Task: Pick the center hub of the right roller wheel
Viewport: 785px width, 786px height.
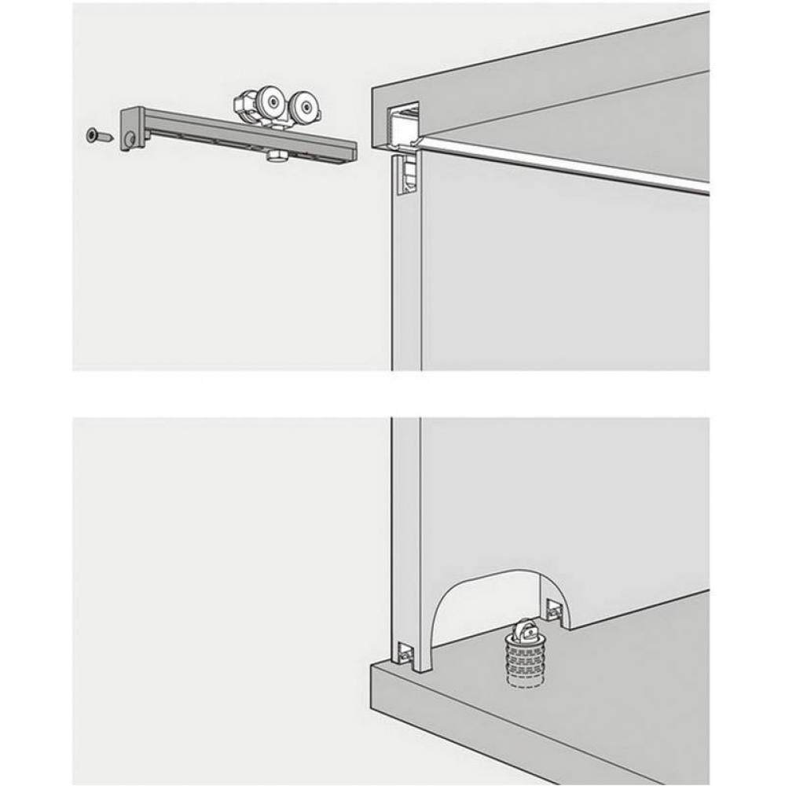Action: pos(304,107)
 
